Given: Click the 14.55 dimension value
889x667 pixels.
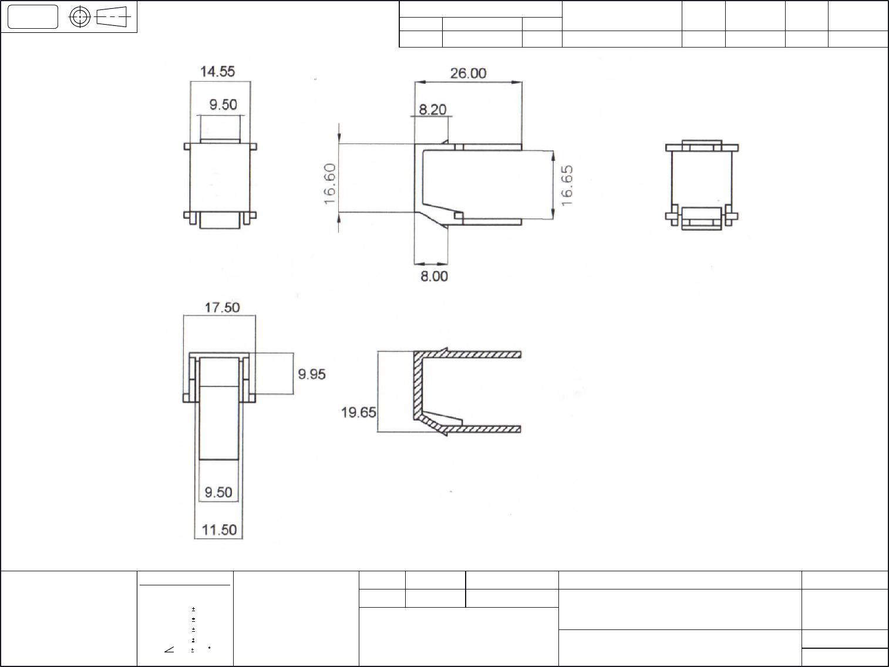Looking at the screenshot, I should click(x=217, y=72).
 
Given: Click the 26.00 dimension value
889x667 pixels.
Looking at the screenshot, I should click(x=468, y=73).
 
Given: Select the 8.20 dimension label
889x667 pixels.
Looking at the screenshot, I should click(x=432, y=109).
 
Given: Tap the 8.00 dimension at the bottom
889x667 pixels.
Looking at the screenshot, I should click(x=434, y=276).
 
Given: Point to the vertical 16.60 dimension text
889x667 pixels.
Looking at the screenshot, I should click(x=331, y=184).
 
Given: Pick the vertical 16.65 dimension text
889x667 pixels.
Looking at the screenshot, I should click(x=567, y=185).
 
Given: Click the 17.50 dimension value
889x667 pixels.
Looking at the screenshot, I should click(x=222, y=308).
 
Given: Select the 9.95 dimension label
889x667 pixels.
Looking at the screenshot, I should click(x=312, y=374).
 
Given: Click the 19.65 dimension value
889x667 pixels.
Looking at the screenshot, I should click(x=359, y=413).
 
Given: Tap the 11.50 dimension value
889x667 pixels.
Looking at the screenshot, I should click(x=219, y=530).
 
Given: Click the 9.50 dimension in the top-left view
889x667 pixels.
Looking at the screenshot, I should click(x=223, y=105).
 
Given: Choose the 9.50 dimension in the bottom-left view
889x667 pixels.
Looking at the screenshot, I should click(x=218, y=492).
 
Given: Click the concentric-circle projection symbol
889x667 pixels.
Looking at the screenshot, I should click(x=80, y=17).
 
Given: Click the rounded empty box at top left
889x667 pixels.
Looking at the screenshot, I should click(x=33, y=17).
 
